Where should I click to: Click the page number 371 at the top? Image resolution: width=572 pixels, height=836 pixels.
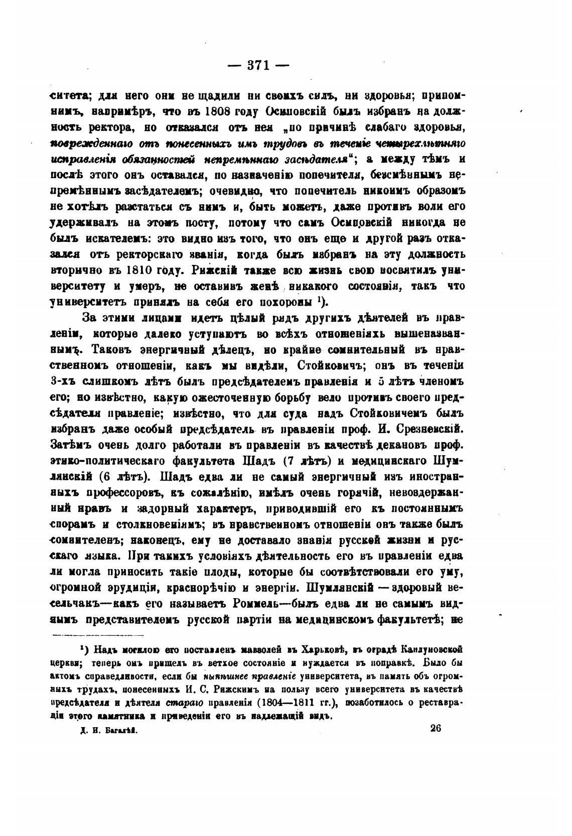tap(258, 65)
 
